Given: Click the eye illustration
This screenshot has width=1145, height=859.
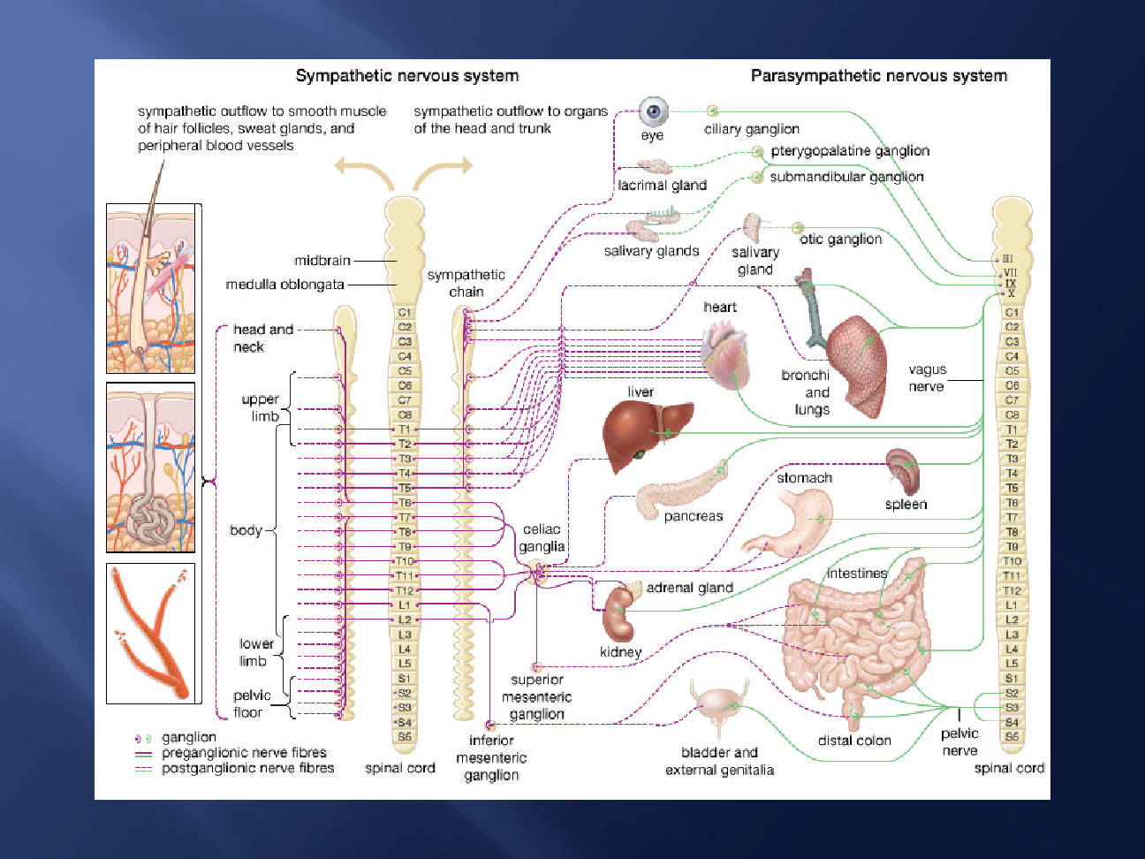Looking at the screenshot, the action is point(654,111).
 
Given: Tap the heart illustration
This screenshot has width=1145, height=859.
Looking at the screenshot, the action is point(726,353).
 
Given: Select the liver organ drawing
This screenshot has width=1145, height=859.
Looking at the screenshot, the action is point(647,434).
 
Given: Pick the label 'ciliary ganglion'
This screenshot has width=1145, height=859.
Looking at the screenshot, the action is point(751,129).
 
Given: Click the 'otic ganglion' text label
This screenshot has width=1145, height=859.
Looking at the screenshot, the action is point(840,239).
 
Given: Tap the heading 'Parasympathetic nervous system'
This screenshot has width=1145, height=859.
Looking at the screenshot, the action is point(879,76).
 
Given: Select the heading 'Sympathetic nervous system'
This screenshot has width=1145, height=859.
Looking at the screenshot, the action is point(407,76).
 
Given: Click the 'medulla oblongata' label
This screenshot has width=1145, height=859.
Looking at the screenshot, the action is point(284,285).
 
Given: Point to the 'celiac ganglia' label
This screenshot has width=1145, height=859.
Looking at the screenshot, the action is point(542,537).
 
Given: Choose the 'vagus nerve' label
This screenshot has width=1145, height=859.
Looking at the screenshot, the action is point(927,377).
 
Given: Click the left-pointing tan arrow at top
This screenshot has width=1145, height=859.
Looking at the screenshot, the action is point(364,172).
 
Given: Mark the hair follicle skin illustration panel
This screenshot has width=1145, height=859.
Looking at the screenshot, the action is point(151,288).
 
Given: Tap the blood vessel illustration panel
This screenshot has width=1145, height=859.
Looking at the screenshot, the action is point(151,633).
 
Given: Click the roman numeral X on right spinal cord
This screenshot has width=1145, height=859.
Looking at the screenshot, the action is point(1011,293).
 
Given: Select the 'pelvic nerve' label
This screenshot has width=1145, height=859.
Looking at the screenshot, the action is point(959,741).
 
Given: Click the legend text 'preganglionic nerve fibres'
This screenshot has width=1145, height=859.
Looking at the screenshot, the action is point(244,752).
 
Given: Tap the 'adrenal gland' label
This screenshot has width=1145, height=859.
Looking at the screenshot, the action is point(690,588).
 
